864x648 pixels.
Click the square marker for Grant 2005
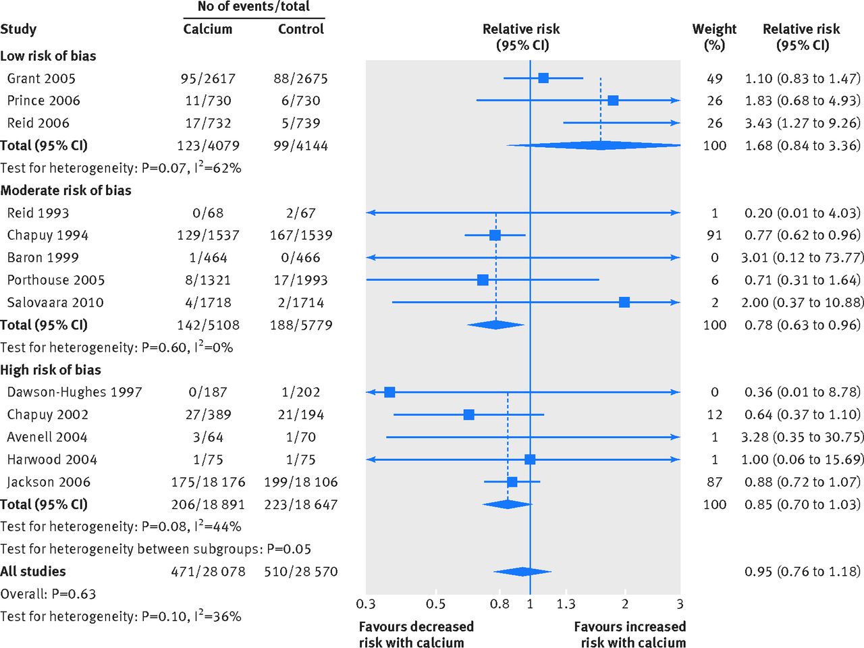click(x=543, y=78)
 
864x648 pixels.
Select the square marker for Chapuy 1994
click(x=495, y=236)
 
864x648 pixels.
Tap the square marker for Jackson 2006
click(x=512, y=482)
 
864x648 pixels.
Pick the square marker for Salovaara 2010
click(x=624, y=302)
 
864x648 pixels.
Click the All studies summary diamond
click(x=522, y=572)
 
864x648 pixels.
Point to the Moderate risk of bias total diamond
click(x=495, y=325)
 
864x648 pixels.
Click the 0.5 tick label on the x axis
click(x=436, y=603)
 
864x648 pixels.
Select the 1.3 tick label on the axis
click(x=566, y=603)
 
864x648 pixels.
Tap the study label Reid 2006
click(x=38, y=123)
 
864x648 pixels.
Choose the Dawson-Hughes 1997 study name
click(x=74, y=392)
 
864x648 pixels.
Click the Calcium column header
click(x=208, y=29)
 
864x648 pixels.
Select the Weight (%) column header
click(x=714, y=37)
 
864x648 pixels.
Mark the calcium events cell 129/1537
click(x=208, y=236)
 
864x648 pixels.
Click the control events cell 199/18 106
click(x=301, y=482)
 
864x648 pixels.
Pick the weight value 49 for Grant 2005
click(x=715, y=78)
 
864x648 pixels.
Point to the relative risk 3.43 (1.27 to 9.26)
click(x=803, y=123)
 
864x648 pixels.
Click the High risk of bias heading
click(x=51, y=370)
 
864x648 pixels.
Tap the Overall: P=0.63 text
click(x=48, y=594)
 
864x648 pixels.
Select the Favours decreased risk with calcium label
click(x=416, y=634)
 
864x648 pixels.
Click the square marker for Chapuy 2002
click(x=469, y=414)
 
